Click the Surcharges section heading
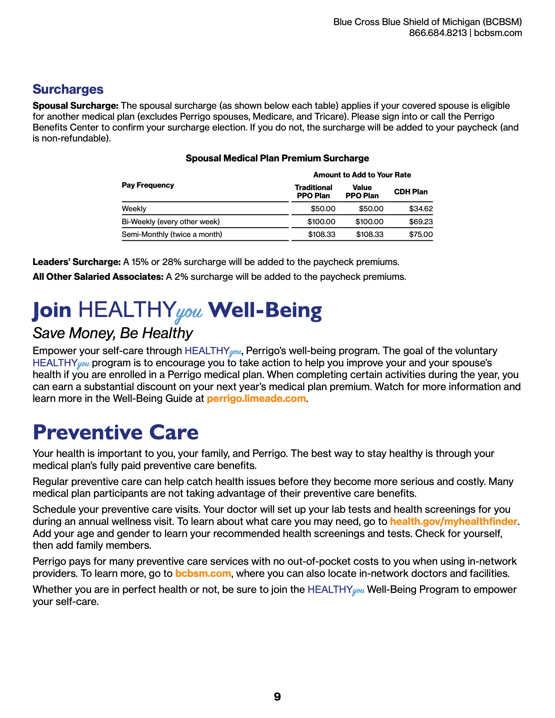[68, 89]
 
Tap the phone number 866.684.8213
[438, 33]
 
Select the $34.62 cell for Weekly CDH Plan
[420, 209]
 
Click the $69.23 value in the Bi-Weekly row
[420, 222]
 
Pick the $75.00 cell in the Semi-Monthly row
[420, 234]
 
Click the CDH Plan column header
[411, 192]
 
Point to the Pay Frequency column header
[148, 185]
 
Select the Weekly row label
[134, 209]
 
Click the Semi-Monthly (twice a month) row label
[172, 234]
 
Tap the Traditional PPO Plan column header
[313, 192]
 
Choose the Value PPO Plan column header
[362, 192]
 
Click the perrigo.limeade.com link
[256, 399]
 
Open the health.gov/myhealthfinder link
[453, 521]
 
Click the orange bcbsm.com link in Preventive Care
[203, 573]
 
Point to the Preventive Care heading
[116, 432]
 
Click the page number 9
[277, 697]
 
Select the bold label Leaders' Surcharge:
[76, 262]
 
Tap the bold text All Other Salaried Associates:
[98, 277]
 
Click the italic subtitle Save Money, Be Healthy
[113, 333]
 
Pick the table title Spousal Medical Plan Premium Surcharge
[277, 158]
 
